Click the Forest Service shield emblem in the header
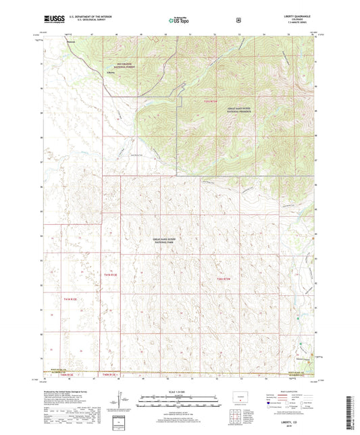point(238,21)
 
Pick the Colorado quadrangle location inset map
point(240,396)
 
